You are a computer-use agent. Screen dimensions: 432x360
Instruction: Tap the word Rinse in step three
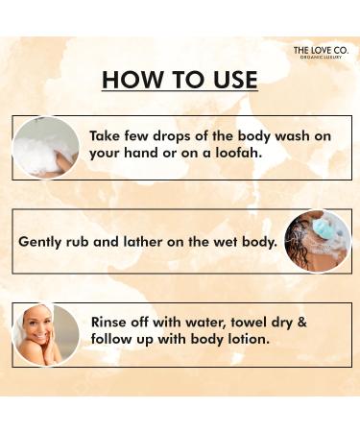pos(111,324)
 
